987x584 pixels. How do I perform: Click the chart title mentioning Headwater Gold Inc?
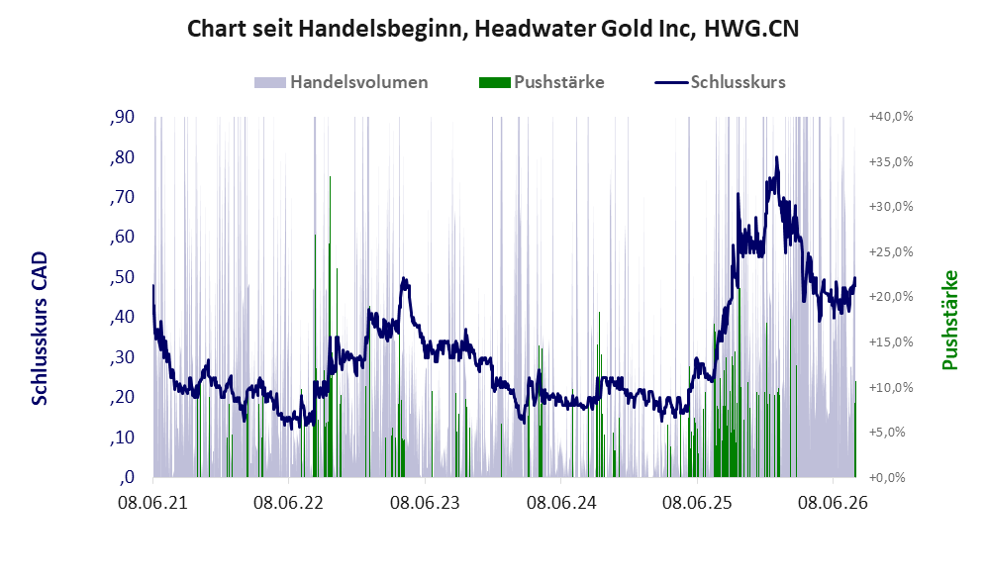[493, 29]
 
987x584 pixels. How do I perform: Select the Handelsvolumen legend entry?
[342, 82]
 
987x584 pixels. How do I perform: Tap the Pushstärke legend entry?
[542, 82]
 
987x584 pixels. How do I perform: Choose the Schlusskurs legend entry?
[720, 82]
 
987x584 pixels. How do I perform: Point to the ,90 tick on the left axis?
[122, 117]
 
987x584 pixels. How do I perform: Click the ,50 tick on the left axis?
[122, 277]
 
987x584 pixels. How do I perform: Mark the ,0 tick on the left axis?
[127, 477]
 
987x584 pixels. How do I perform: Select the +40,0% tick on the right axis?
[891, 117]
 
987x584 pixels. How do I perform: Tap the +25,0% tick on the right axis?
[891, 251]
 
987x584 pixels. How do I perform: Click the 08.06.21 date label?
[153, 503]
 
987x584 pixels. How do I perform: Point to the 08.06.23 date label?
[425, 503]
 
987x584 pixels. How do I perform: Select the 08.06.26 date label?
[833, 503]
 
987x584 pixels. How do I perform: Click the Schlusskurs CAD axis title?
[40, 329]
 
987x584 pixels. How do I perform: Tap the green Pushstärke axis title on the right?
[949, 321]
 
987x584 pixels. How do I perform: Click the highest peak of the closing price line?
[777, 156]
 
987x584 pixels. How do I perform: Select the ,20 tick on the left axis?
[122, 397]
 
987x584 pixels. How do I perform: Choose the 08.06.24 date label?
[561, 503]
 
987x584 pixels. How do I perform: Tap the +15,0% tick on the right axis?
[891, 341]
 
